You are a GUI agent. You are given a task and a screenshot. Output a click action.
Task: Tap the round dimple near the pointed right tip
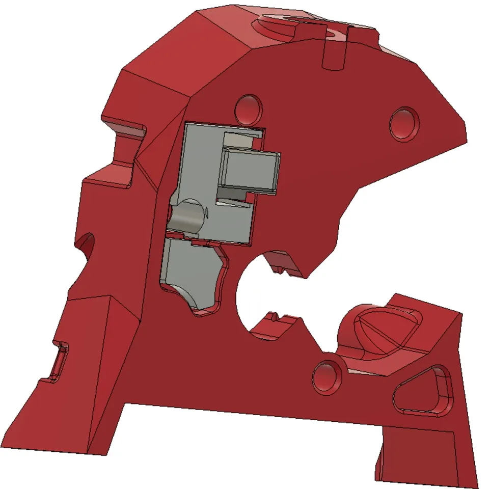(404, 123)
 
